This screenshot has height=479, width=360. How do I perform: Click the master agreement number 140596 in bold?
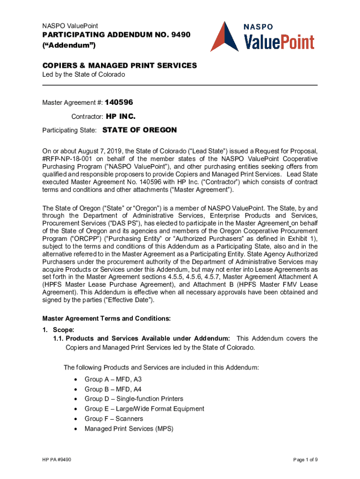click(x=122, y=102)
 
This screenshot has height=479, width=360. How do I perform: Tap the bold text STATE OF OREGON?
click(x=139, y=130)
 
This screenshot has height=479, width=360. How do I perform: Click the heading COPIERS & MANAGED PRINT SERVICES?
click(x=120, y=65)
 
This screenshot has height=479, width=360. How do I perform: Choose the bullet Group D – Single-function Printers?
click(x=134, y=399)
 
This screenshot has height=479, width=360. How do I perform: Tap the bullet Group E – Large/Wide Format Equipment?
click(x=144, y=409)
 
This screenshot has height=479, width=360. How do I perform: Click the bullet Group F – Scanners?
click(x=114, y=419)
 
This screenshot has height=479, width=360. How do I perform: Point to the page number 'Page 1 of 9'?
click(x=306, y=460)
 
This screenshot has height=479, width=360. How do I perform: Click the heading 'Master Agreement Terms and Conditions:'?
click(x=107, y=319)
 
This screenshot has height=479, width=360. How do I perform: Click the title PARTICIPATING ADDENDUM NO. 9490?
click(x=117, y=35)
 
